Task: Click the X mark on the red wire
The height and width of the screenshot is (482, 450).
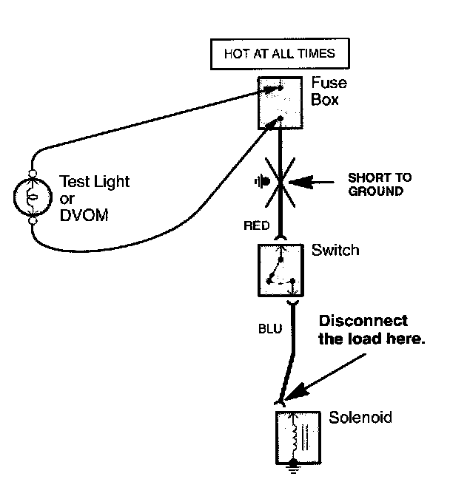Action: pos(280,181)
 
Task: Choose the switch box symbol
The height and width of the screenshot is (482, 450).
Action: pos(279,268)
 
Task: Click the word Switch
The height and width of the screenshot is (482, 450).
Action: pos(335,251)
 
